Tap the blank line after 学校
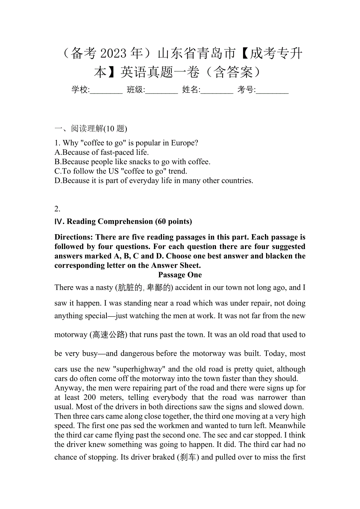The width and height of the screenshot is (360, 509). [x=106, y=90]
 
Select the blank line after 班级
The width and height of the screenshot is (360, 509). [x=162, y=90]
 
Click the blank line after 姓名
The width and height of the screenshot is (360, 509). [x=217, y=90]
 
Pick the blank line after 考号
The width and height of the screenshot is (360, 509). [x=272, y=90]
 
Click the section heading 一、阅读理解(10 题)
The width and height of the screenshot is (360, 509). [x=91, y=129]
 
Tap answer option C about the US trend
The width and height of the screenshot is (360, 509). [x=121, y=171]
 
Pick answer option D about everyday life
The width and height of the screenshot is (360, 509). [x=154, y=180]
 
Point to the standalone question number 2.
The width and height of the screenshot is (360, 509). [x=57, y=208]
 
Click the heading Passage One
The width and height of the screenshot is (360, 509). [x=180, y=275]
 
